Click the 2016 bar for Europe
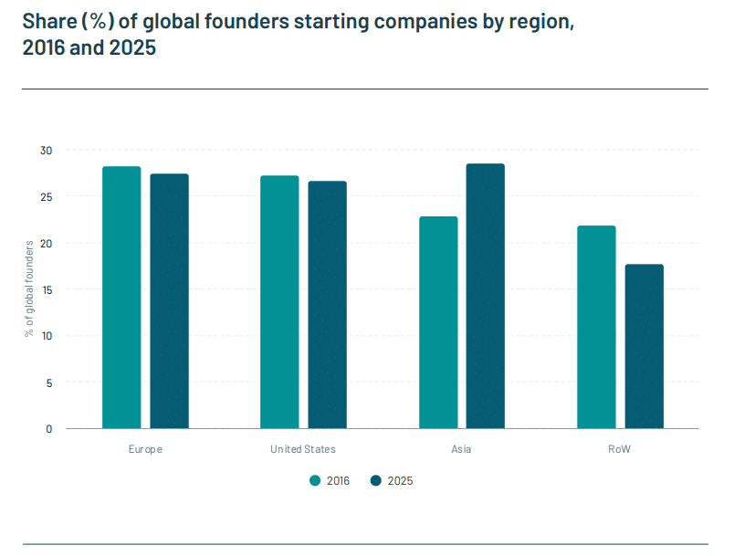(x=121, y=298)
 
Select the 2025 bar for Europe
(x=169, y=301)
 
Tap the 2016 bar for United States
(x=279, y=302)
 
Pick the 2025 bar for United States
(x=327, y=305)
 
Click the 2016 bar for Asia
(x=438, y=322)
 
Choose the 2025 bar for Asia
(x=485, y=296)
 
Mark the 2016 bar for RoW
(x=596, y=327)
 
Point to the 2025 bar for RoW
(x=644, y=346)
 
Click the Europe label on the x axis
(x=146, y=449)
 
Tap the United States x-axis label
(x=303, y=449)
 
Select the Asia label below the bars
(x=461, y=449)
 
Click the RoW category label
(x=620, y=449)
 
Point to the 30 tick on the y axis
(x=47, y=150)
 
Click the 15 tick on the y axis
(x=47, y=289)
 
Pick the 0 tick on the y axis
(x=49, y=428)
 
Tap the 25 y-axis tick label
(x=47, y=196)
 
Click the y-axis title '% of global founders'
(x=29, y=288)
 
